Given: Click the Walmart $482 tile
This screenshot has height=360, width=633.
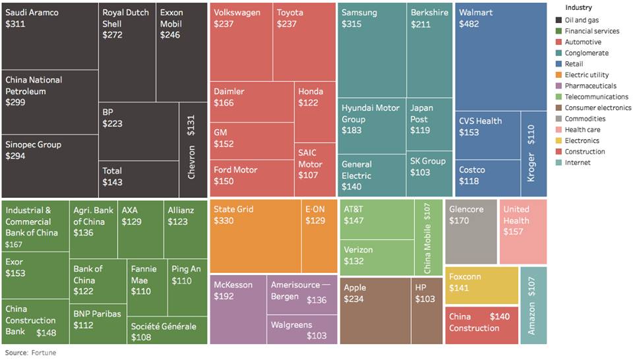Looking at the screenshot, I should point(500,56).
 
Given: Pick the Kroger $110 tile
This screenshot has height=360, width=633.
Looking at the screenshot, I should point(533,153).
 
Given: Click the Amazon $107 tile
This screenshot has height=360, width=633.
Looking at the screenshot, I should point(533,305).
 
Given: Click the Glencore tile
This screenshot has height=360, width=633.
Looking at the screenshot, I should point(471,231).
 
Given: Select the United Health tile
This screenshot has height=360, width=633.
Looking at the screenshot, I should point(522,231).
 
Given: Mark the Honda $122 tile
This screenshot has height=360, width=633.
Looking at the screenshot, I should point(315,112).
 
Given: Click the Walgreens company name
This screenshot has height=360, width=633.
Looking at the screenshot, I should point(291,324).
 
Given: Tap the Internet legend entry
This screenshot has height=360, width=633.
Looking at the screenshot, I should point(578,162).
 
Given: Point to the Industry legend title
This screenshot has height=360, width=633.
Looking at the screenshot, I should point(579,7).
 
